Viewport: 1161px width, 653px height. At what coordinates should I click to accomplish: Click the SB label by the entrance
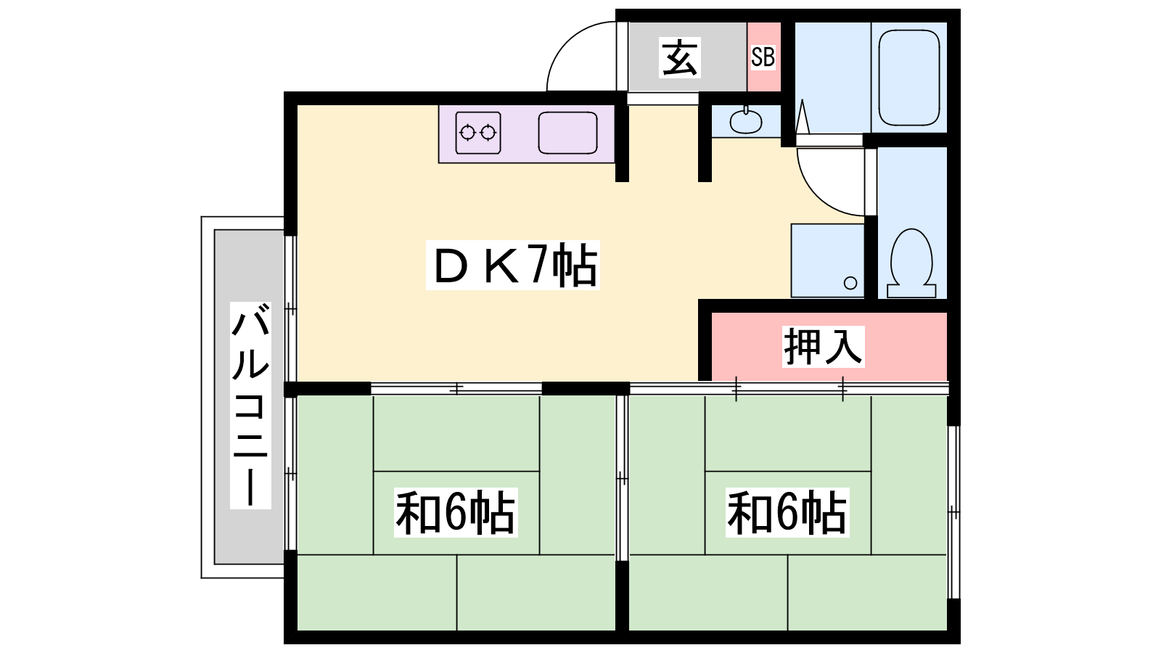click(763, 57)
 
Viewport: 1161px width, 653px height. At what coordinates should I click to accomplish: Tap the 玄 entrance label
click(680, 57)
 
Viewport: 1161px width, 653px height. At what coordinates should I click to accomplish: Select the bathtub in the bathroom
click(908, 78)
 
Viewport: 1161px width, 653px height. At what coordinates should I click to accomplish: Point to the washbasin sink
click(745, 120)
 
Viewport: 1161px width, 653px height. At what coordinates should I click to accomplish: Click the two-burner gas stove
click(478, 132)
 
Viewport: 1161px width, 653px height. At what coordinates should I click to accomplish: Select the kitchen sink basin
click(567, 133)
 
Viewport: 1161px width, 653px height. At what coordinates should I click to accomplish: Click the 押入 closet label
click(823, 346)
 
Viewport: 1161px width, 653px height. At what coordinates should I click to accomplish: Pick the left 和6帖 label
click(455, 512)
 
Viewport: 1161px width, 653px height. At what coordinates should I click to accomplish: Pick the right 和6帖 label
click(787, 512)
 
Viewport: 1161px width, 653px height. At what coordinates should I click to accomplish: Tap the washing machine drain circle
click(850, 283)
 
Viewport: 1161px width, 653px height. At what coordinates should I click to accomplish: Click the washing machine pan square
click(826, 260)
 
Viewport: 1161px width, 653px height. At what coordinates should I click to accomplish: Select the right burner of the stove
click(488, 133)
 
